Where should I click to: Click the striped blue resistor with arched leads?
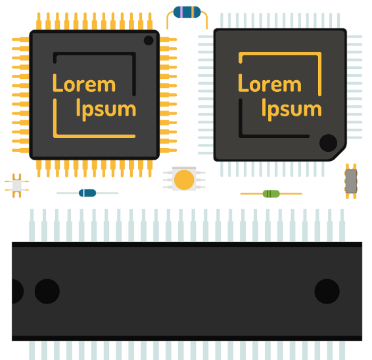pos(187,12)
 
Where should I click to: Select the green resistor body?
pos(271,194)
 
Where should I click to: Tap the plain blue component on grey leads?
pos(87,193)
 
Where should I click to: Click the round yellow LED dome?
pos(184,180)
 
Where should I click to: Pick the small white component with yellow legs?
pos(17,186)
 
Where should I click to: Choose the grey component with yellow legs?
pos(351,181)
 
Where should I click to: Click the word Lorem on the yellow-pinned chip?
pos(84,83)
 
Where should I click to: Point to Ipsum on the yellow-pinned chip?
pos(106,110)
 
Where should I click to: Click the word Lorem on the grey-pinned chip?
pos(269,83)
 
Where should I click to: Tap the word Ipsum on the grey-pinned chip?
pos(292,110)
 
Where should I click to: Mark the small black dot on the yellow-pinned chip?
pos(149,40)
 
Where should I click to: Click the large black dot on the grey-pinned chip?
pos(329,143)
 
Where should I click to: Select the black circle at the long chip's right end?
pos(327,291)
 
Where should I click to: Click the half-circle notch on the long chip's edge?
pos(17,291)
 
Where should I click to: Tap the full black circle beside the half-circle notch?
pos(47,291)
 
